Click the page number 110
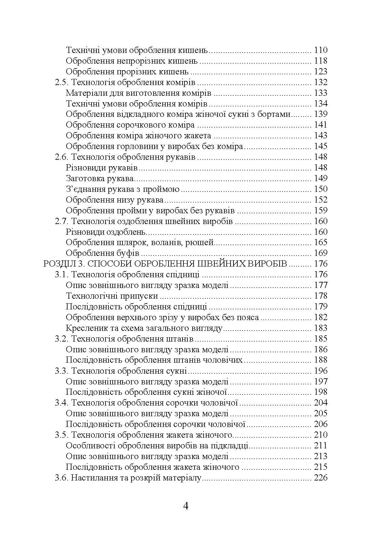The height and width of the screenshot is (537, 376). [321, 50]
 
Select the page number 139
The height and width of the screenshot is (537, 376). [321, 114]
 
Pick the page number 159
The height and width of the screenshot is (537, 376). [321, 210]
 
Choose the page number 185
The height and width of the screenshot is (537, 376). [321, 339]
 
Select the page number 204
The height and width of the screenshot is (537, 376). [321, 403]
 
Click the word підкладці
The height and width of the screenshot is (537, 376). [230, 446]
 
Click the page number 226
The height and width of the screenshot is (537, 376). [321, 478]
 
